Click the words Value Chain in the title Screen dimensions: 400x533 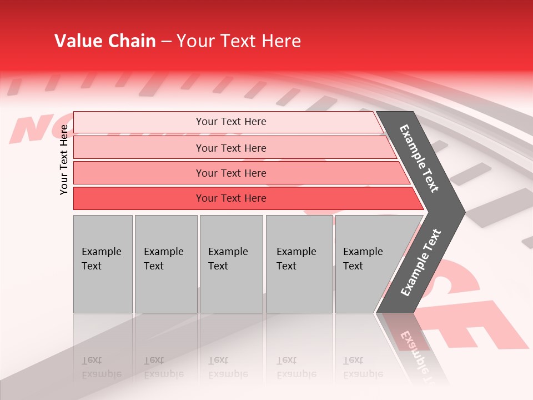105,41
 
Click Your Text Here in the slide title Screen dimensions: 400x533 239,41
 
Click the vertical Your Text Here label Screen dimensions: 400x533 64,159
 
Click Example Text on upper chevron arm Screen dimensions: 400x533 420,158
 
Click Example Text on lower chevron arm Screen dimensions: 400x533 420,262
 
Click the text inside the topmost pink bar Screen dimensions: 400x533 231,122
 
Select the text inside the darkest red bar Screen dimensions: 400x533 231,198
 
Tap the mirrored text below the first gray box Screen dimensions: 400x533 102,367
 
